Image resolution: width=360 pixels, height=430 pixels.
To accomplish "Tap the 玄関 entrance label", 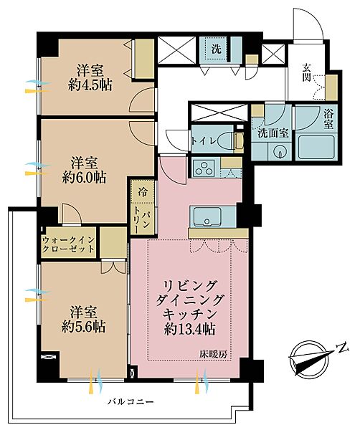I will pyautogui.click(x=307, y=72).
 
